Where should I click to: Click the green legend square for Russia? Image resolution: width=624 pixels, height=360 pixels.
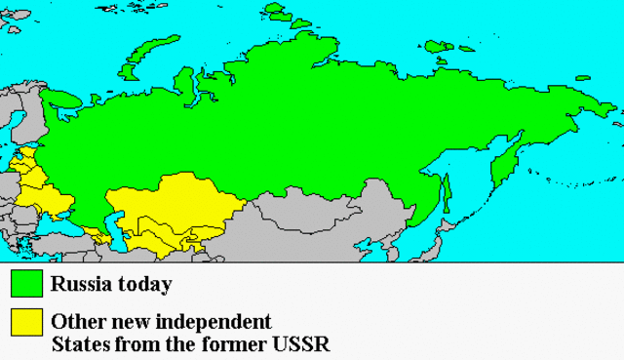(26, 283)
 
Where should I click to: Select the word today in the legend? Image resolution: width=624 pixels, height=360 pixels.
(144, 285)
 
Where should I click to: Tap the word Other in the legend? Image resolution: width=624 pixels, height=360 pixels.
(75, 321)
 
